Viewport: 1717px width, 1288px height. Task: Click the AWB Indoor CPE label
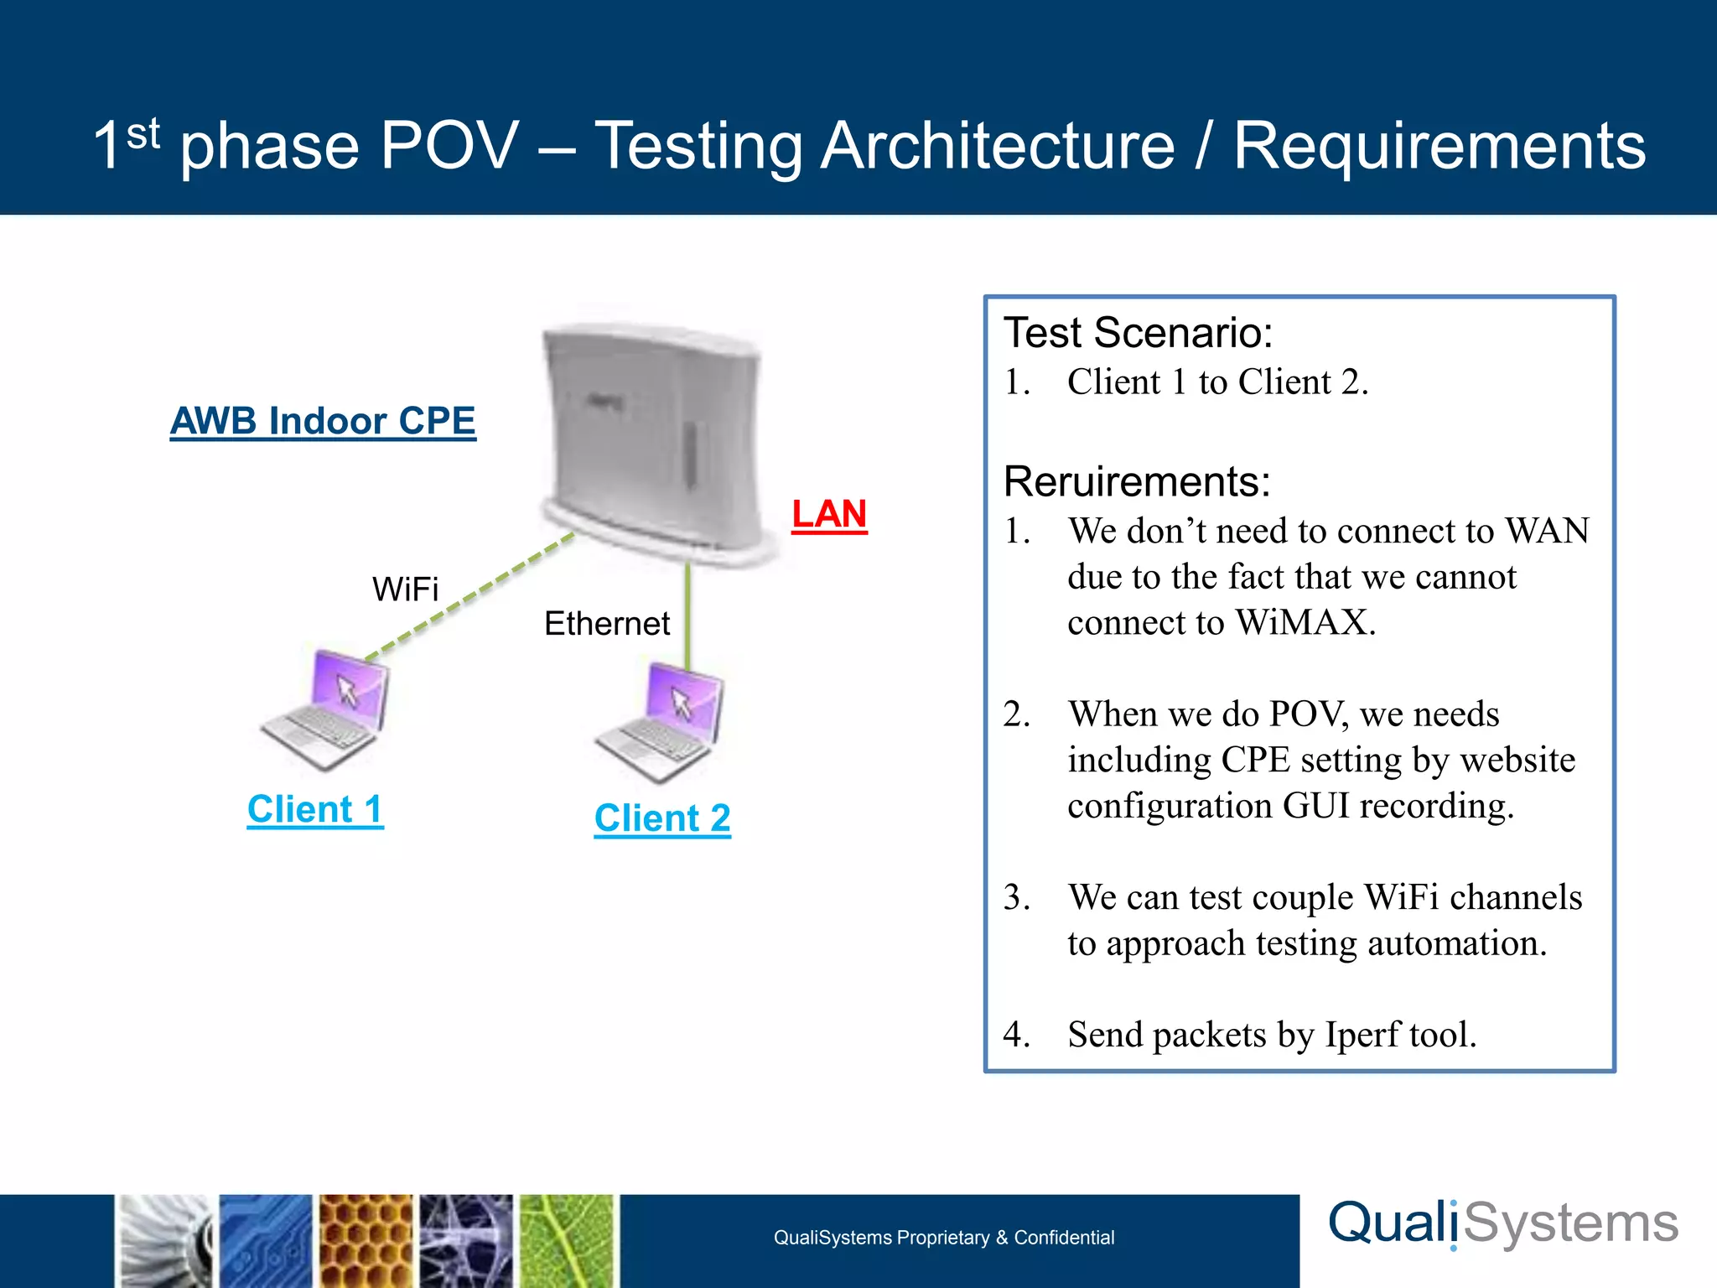[x=323, y=421]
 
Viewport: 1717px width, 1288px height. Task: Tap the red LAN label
[x=828, y=514]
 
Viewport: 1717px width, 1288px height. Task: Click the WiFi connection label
[x=405, y=589]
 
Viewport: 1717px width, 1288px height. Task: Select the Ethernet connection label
[x=607, y=624]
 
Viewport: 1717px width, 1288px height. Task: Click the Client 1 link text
[x=315, y=809]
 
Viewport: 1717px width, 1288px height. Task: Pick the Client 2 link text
[x=662, y=818]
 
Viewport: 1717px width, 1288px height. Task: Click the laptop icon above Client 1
[x=327, y=709]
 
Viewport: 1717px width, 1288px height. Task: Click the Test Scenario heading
[x=1138, y=333]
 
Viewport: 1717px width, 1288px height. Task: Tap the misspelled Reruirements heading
[x=1137, y=482]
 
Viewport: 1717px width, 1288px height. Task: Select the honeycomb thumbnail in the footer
[x=366, y=1241]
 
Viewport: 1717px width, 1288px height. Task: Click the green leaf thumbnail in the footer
[x=568, y=1241]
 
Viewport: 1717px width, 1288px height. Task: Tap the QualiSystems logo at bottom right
[x=1503, y=1224]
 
